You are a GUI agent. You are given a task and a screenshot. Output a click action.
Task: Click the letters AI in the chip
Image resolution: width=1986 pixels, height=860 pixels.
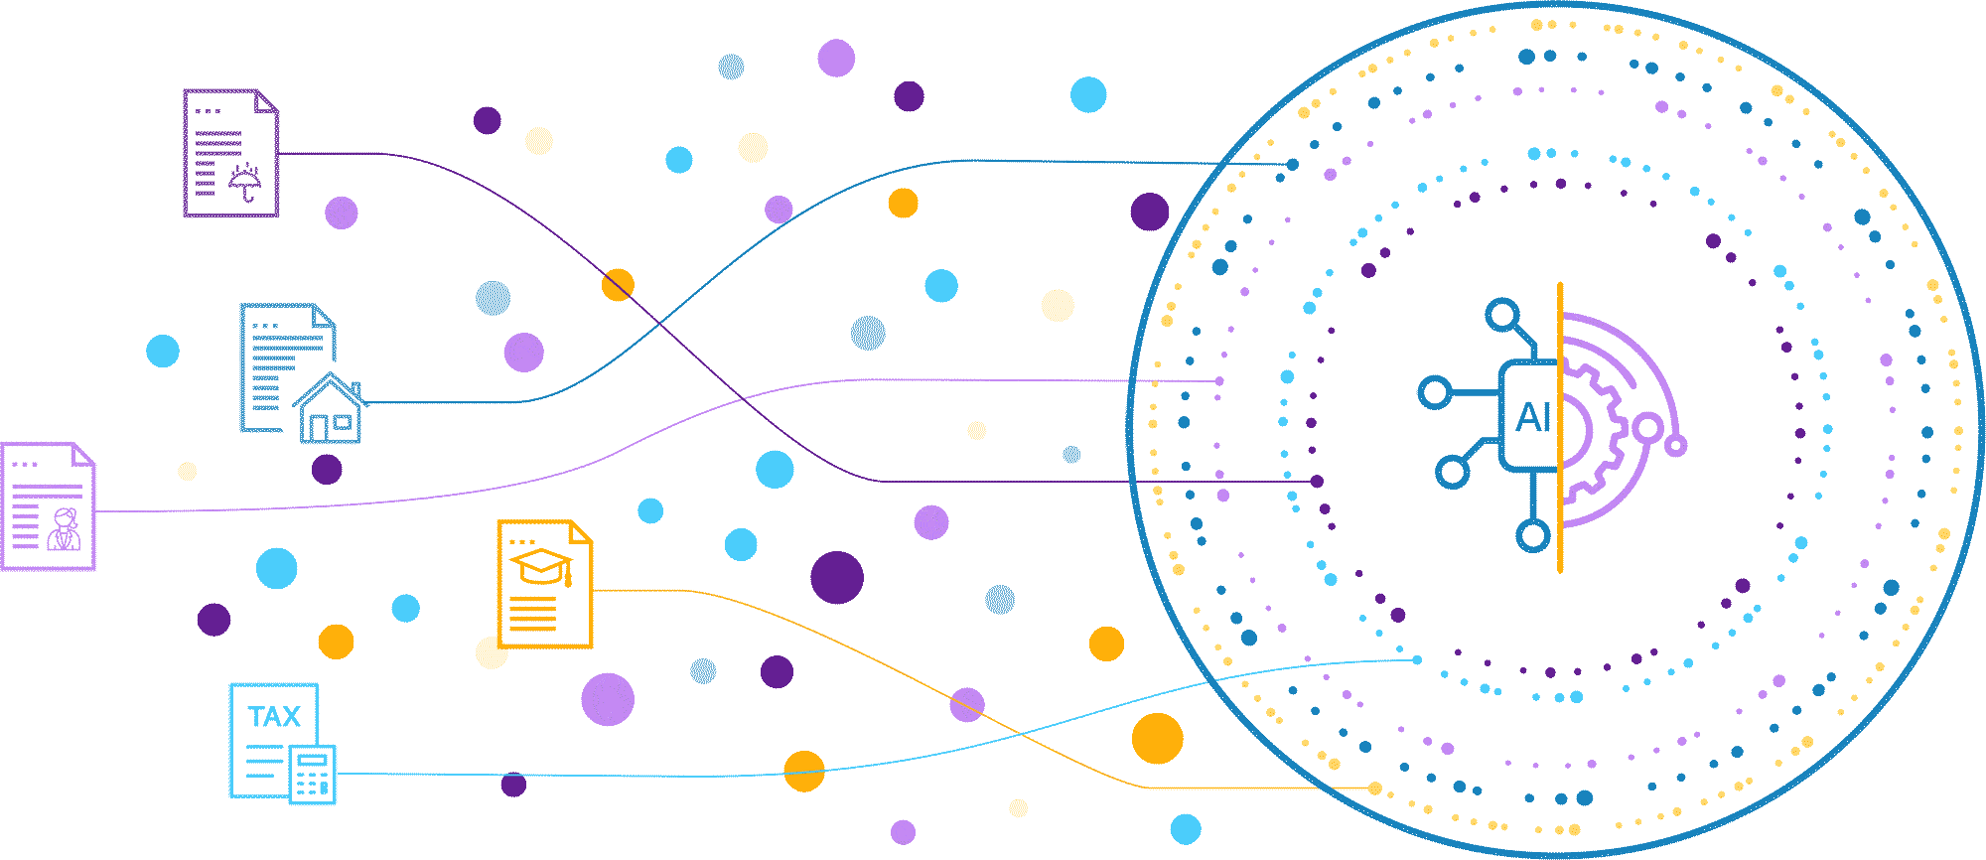pyautogui.click(x=1533, y=418)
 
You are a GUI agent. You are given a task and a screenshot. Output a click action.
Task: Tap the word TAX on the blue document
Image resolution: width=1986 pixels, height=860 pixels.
pyautogui.click(x=274, y=717)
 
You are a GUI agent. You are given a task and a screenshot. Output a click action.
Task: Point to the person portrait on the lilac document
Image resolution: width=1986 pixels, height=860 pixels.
pyautogui.click(x=66, y=528)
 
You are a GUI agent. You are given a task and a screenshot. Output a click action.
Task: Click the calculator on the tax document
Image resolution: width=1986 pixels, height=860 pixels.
pyautogui.click(x=313, y=774)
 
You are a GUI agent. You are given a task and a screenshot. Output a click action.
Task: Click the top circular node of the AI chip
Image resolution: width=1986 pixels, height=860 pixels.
pyautogui.click(x=1502, y=315)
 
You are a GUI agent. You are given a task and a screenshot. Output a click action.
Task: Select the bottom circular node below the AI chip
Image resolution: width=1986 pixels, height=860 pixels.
pyautogui.click(x=1533, y=536)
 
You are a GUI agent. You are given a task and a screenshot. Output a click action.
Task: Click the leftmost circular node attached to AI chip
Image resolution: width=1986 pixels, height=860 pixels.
pyautogui.click(x=1434, y=392)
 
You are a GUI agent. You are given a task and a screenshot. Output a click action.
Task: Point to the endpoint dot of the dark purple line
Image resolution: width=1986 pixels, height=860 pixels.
pyautogui.click(x=1317, y=482)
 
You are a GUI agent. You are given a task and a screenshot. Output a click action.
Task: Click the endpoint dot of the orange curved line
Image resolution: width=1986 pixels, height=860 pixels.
pyautogui.click(x=1374, y=788)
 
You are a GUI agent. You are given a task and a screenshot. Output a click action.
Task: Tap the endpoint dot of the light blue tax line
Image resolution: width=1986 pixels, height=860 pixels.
pyautogui.click(x=1417, y=659)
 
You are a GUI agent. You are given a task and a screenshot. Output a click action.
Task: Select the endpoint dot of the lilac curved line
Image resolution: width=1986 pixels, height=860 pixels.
pyautogui.click(x=1219, y=381)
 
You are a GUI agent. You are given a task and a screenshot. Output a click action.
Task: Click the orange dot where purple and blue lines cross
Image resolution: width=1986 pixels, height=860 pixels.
pyautogui.click(x=618, y=285)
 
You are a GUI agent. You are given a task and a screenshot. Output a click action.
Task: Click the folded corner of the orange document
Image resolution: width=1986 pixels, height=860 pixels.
pyautogui.click(x=582, y=531)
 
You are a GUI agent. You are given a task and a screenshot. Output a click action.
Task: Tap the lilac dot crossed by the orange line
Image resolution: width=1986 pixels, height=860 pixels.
pyautogui.click(x=966, y=704)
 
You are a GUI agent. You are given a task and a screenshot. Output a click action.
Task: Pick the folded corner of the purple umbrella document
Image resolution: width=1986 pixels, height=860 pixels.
pyautogui.click(x=267, y=100)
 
